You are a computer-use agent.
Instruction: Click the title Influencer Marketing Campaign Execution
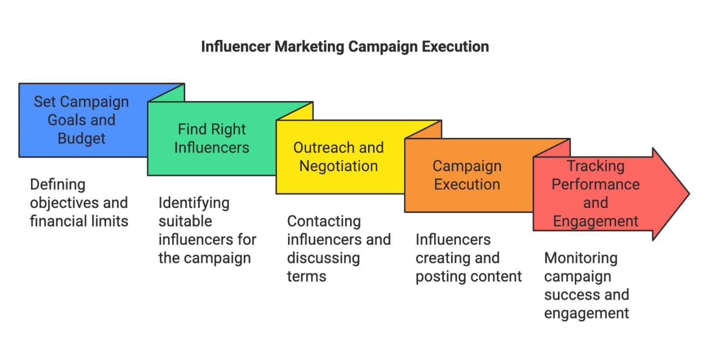pyautogui.click(x=345, y=47)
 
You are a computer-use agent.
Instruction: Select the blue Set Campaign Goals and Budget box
pyautogui.click(x=82, y=120)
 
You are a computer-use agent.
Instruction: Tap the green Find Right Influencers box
pyautogui.click(x=212, y=138)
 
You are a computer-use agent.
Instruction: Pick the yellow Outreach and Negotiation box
pyautogui.click(x=339, y=157)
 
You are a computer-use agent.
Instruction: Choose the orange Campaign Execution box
pyautogui.click(x=467, y=175)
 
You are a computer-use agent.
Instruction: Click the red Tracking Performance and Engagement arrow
pyautogui.click(x=596, y=194)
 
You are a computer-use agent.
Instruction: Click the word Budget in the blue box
pyautogui.click(x=82, y=138)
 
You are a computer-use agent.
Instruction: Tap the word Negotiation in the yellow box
pyautogui.click(x=339, y=166)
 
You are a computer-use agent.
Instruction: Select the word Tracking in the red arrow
pyautogui.click(x=596, y=166)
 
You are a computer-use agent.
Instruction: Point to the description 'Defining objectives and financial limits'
pyautogui.click(x=79, y=203)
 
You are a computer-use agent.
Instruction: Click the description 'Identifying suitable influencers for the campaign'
pyautogui.click(x=207, y=230)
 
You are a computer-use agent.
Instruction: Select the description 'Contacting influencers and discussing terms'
pyautogui.click(x=338, y=249)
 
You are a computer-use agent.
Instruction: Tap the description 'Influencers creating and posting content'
pyautogui.click(x=468, y=258)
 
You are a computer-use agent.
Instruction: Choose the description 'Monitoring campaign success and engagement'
pyautogui.click(x=586, y=286)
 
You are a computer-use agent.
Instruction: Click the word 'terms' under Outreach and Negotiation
pyautogui.click(x=307, y=276)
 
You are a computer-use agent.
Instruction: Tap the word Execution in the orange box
pyautogui.click(x=467, y=185)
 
